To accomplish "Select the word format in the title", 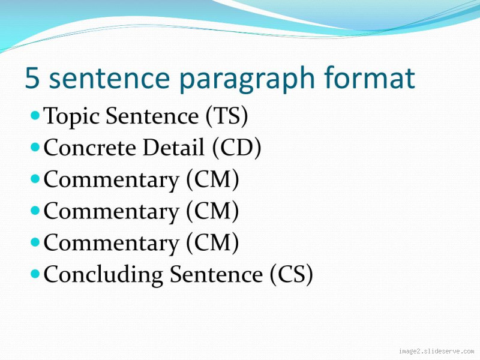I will click(x=370, y=79).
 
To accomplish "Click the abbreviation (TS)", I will click(x=227, y=116).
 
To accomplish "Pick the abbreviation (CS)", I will click(x=291, y=275).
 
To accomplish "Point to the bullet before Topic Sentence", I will click(x=35, y=113).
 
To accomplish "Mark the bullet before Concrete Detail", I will click(x=35, y=145).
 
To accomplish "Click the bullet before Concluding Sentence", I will click(x=35, y=272).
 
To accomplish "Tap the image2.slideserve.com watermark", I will click(x=436, y=352).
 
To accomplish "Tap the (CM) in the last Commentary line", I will click(x=212, y=243).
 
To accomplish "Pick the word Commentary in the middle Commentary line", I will click(x=111, y=212).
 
